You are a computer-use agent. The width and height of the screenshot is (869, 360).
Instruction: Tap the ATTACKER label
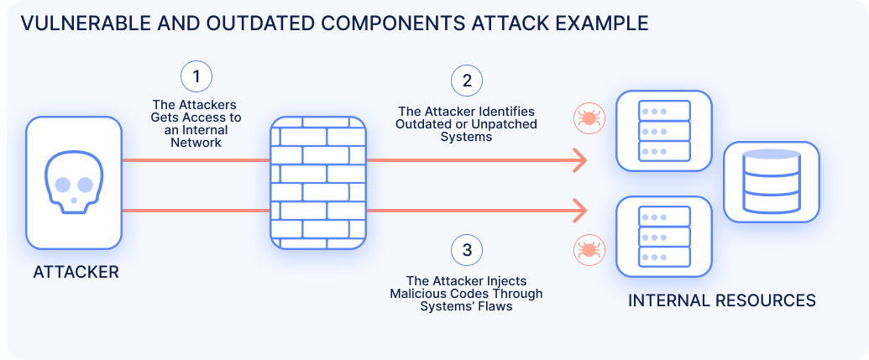76,272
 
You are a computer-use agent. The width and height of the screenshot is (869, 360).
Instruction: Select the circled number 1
196,77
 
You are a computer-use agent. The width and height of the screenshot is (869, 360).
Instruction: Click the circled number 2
467,81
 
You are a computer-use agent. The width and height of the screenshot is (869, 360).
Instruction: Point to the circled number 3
467,249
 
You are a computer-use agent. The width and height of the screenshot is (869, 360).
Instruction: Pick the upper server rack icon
664,130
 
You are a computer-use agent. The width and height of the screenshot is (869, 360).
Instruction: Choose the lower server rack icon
664,236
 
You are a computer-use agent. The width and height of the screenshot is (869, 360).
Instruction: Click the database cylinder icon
771,182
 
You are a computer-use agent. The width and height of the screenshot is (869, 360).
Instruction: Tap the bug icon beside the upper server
587,117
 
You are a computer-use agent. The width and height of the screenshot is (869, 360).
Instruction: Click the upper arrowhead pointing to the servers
579,159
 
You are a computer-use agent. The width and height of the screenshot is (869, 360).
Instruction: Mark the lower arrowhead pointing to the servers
579,211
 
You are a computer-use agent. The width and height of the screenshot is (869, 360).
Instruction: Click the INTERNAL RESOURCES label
721,300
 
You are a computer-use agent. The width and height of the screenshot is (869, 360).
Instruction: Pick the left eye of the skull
61,181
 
